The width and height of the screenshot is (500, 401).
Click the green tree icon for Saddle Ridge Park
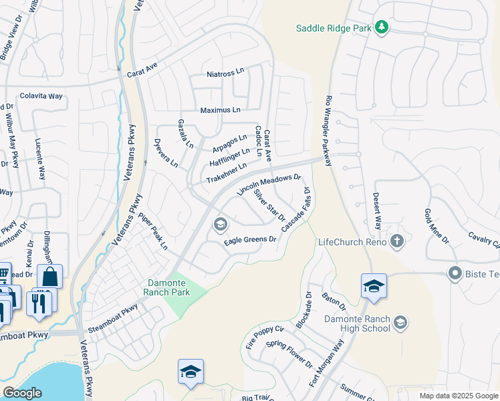point(382,27)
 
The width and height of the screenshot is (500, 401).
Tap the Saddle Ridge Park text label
point(334,28)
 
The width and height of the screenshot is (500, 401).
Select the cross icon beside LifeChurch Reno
point(397,241)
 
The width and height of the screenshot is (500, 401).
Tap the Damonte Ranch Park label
point(168,287)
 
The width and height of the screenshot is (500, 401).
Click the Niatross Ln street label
point(225,73)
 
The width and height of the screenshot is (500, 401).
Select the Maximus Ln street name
point(220,109)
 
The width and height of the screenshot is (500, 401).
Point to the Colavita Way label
point(41,96)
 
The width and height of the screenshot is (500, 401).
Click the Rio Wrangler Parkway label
point(328,132)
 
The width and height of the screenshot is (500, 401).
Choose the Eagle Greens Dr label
point(250,239)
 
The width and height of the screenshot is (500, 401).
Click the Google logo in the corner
point(22,393)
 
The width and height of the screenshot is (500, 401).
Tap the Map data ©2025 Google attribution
point(459,396)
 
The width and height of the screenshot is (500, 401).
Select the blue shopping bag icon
point(49,276)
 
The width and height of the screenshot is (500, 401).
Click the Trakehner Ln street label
point(227,173)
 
